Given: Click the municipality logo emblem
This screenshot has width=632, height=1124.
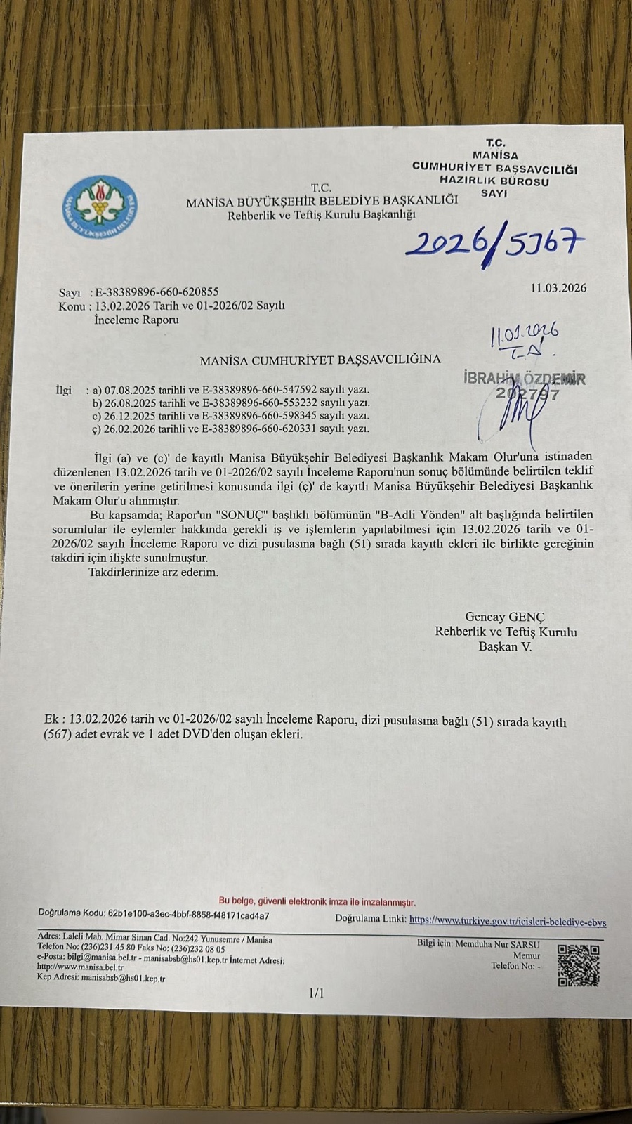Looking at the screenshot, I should pos(100,204).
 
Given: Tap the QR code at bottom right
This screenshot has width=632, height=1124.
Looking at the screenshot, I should pos(579,966).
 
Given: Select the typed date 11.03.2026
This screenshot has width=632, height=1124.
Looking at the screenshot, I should pos(558,288).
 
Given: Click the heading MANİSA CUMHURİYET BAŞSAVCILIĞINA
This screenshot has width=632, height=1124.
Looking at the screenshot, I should pos(320,360).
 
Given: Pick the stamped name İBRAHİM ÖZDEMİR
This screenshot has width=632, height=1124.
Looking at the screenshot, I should pos(525,379).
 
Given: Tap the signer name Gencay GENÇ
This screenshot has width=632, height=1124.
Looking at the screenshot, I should pos(505,617).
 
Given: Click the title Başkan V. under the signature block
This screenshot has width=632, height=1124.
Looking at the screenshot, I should pos(506,647).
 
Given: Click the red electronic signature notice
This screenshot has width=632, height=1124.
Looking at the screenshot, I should pos(317,901).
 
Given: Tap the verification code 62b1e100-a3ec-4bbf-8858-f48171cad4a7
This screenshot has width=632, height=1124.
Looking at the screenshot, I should pos(188,916).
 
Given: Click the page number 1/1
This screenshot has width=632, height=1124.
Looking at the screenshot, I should pos(317,993).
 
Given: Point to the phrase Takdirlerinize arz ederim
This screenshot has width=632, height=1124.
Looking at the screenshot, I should pos(154,573).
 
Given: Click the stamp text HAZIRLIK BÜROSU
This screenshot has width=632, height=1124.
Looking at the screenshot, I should pos(494,181).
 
